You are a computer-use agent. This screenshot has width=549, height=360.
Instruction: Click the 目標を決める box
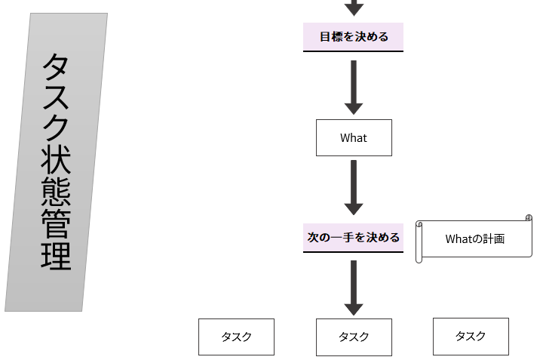(353, 36)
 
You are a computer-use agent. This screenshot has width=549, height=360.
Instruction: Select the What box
(354, 137)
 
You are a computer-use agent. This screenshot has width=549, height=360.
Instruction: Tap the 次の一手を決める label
(353, 237)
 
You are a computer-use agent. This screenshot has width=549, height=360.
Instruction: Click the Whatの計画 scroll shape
(475, 239)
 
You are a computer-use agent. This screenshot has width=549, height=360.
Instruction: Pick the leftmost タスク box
(236, 337)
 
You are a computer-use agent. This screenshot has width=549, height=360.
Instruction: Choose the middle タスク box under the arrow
(354, 337)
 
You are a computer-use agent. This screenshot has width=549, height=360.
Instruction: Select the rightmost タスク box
(471, 336)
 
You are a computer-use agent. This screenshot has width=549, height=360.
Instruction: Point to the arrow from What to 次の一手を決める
(353, 187)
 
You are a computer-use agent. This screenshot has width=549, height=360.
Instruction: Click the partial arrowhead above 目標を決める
(354, 8)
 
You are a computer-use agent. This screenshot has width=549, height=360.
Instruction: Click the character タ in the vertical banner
(57, 69)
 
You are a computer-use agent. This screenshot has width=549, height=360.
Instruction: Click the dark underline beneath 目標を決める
(353, 51)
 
